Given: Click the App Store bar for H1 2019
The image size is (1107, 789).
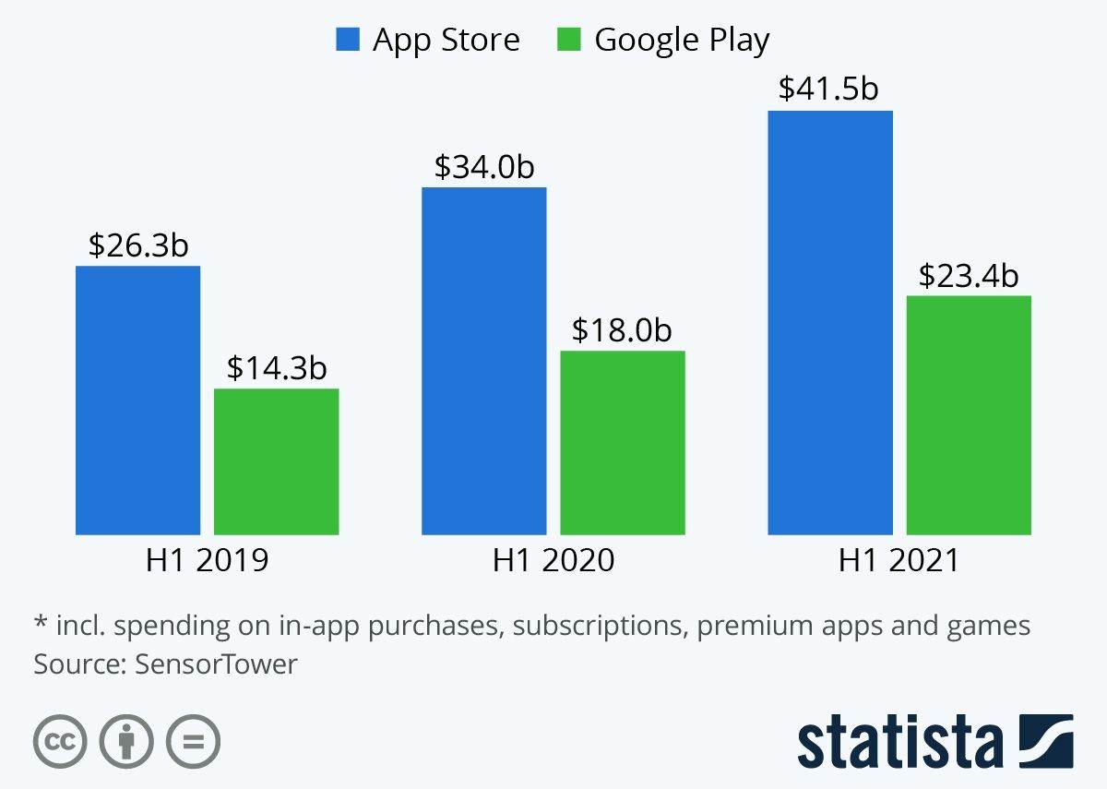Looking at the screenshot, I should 137,400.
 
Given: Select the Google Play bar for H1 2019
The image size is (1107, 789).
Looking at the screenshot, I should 276,461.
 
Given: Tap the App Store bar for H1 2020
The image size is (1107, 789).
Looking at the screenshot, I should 483,361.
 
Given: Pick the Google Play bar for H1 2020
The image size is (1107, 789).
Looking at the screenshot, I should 623,442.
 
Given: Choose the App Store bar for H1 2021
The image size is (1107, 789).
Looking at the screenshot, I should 829,322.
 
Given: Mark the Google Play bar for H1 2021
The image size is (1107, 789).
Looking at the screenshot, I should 968,414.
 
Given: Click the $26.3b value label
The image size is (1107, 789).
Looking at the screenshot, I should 138,245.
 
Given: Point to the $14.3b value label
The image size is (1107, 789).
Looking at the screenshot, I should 277,368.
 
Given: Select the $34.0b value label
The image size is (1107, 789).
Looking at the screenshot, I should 484,167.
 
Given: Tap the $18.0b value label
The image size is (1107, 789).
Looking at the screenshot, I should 622,329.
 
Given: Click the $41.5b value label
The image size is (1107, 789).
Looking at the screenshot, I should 828,89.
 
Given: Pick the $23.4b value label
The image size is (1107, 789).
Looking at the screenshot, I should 969,275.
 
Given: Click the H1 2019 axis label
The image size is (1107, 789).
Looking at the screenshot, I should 208,560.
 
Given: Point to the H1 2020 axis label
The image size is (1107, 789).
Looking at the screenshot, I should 553,560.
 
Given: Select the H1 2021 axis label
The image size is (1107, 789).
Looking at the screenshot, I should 899,560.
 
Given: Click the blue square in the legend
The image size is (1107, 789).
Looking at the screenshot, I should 348,40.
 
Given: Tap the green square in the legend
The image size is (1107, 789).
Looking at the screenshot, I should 569,40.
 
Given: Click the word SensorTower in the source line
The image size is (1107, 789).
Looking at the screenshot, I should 216,663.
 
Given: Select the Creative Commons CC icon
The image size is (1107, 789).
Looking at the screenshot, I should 60,741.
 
